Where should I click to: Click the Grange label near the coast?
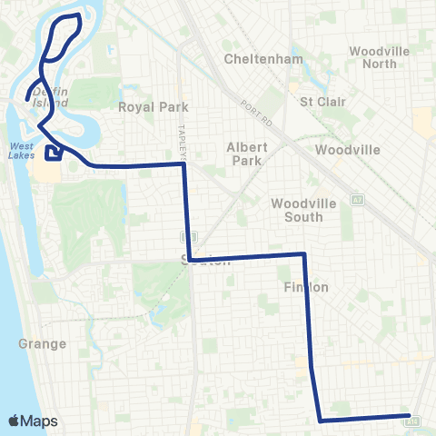pyautogui.click(x=42, y=344)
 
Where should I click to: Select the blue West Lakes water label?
pyautogui.click(x=23, y=150)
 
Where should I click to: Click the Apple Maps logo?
pyautogui.click(x=34, y=421)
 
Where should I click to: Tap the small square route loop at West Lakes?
pyautogui.click(x=54, y=152)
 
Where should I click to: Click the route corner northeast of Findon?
pyautogui.click(x=303, y=254)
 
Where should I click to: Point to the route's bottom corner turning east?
pyautogui.click(x=320, y=421)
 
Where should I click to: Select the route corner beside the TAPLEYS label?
pyautogui.click(x=185, y=164)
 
